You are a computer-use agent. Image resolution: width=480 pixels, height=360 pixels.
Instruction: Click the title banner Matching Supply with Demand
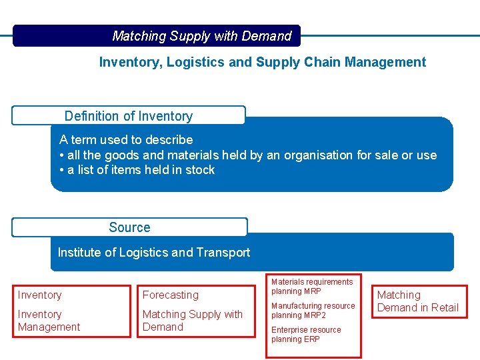[x=201, y=36]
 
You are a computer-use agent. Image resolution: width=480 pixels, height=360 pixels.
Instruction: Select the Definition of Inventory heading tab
[x=128, y=116]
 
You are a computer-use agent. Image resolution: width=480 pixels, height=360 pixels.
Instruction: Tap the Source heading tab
[x=129, y=227]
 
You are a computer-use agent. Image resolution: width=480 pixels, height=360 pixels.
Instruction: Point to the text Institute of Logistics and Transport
[x=154, y=253]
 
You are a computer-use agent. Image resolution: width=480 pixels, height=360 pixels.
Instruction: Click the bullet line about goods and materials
[x=247, y=155]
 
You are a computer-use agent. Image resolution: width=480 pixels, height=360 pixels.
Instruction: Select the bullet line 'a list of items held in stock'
[x=137, y=170]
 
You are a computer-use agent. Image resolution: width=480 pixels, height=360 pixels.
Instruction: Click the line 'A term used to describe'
[x=126, y=140]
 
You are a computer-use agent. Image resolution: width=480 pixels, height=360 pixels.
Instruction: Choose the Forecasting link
[x=171, y=295]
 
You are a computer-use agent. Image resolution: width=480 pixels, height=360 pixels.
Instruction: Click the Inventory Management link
[x=49, y=321]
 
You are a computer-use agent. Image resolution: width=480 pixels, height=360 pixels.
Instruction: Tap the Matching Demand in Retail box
[x=417, y=301]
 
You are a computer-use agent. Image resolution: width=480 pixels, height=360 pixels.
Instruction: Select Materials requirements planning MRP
[x=311, y=287]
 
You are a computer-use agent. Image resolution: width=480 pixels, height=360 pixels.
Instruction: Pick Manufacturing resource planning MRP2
[x=313, y=311]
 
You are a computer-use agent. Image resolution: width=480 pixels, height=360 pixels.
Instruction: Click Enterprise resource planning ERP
[x=305, y=335]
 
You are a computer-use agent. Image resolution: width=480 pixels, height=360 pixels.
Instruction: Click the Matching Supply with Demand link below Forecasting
[x=192, y=321]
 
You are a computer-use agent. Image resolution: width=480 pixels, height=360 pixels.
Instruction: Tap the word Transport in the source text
[x=223, y=253]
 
